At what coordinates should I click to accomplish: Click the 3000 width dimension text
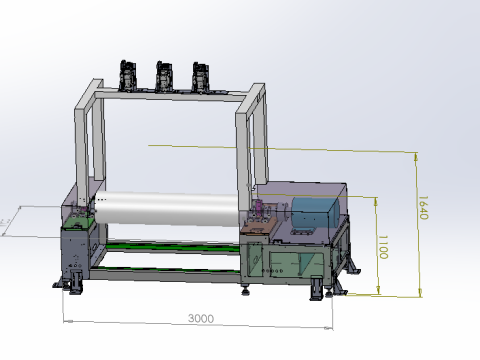point(201,318)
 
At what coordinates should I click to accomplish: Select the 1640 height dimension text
point(422,209)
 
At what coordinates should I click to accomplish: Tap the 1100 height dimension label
point(382,246)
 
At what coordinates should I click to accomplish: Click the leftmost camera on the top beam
point(127,75)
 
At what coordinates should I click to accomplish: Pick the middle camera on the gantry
point(164,76)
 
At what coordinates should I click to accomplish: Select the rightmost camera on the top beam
point(201,77)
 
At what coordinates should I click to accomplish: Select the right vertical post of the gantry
point(243,150)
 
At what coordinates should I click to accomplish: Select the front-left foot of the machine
point(72,284)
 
